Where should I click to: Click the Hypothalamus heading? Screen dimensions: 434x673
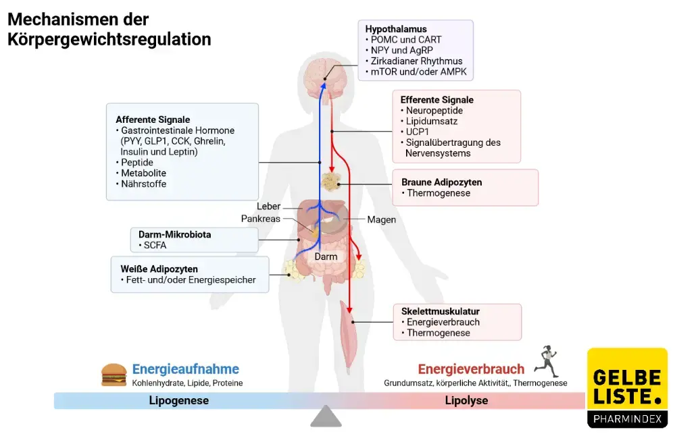(x=396, y=29)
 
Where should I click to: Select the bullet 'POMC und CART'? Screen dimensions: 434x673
(x=403, y=40)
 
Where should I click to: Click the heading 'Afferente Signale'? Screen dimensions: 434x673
(x=153, y=119)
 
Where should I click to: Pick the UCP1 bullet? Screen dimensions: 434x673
(x=418, y=132)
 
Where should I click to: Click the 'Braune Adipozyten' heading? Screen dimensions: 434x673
(x=441, y=182)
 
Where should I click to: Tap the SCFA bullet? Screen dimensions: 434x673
(x=155, y=246)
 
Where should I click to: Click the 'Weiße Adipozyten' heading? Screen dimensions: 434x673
(x=159, y=269)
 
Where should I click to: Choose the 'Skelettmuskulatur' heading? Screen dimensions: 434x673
(x=440, y=311)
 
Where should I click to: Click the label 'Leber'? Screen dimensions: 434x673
(x=268, y=207)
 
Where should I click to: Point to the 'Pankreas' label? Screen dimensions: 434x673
(x=260, y=219)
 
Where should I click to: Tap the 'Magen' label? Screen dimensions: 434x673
(x=381, y=219)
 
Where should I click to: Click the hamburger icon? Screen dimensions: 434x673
(x=114, y=375)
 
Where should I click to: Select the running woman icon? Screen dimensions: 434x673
(x=547, y=362)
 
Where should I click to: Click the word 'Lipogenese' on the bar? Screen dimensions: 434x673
(x=178, y=400)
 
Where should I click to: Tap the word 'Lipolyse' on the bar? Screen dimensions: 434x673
(x=466, y=400)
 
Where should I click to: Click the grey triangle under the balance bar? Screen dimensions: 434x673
(x=326, y=416)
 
